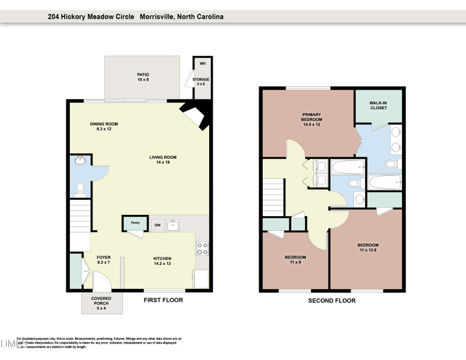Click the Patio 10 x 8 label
coord(143,77)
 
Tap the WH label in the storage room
coord(203,63)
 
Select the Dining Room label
coord(104,126)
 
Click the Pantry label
coord(135,223)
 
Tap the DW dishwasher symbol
coord(157,225)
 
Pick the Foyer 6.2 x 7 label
coord(104,260)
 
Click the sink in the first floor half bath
coord(80,160)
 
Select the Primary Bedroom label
coord(312,119)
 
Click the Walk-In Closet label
coord(379,105)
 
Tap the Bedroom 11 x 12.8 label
coord(368,248)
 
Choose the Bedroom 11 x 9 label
coord(295,260)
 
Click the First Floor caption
coord(163,301)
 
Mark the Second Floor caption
coord(332,301)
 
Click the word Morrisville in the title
coord(160,17)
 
